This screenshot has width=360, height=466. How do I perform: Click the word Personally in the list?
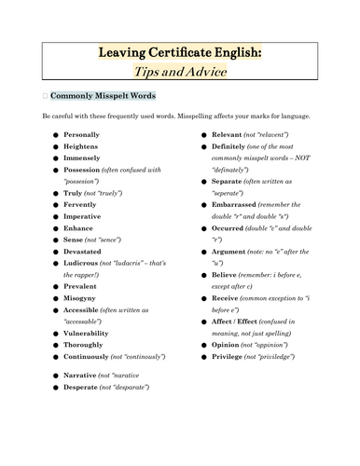pos(82,135)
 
